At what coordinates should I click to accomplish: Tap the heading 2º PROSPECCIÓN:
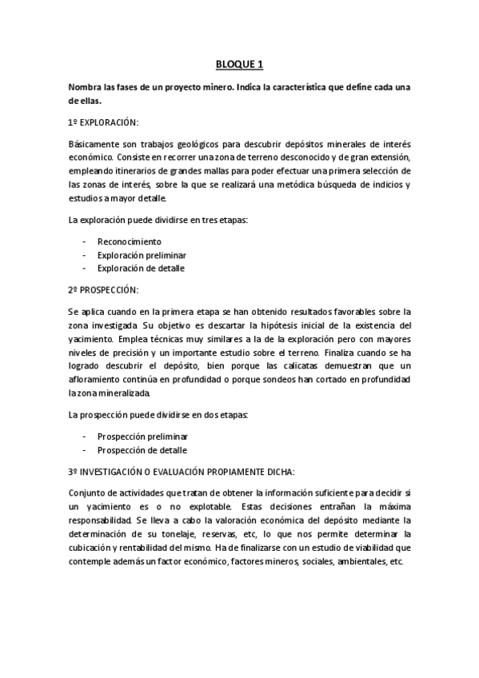pos(104,289)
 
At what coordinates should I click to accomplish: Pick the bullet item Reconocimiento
pos(129,241)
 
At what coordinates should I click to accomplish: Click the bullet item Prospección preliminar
pos(142,437)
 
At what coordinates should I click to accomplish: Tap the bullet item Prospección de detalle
pos(142,450)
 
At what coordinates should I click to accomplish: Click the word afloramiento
pos(97,379)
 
